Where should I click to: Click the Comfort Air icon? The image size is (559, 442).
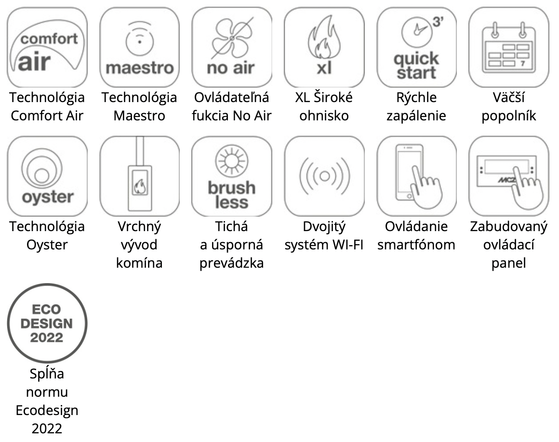tap(47, 47)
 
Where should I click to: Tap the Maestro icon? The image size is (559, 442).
tap(139, 47)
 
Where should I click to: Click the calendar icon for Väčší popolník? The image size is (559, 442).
tap(508, 47)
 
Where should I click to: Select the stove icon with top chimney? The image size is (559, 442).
tap(139, 176)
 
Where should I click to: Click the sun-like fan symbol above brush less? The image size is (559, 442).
tap(232, 161)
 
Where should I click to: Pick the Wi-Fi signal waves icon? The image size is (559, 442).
tap(324, 176)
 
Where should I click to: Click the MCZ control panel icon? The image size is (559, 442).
tap(508, 176)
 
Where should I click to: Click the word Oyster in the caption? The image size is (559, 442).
tap(47, 245)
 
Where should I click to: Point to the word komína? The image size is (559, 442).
tap(139, 263)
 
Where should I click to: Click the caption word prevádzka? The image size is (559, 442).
tap(232, 263)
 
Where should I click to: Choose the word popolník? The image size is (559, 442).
tap(508, 116)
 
